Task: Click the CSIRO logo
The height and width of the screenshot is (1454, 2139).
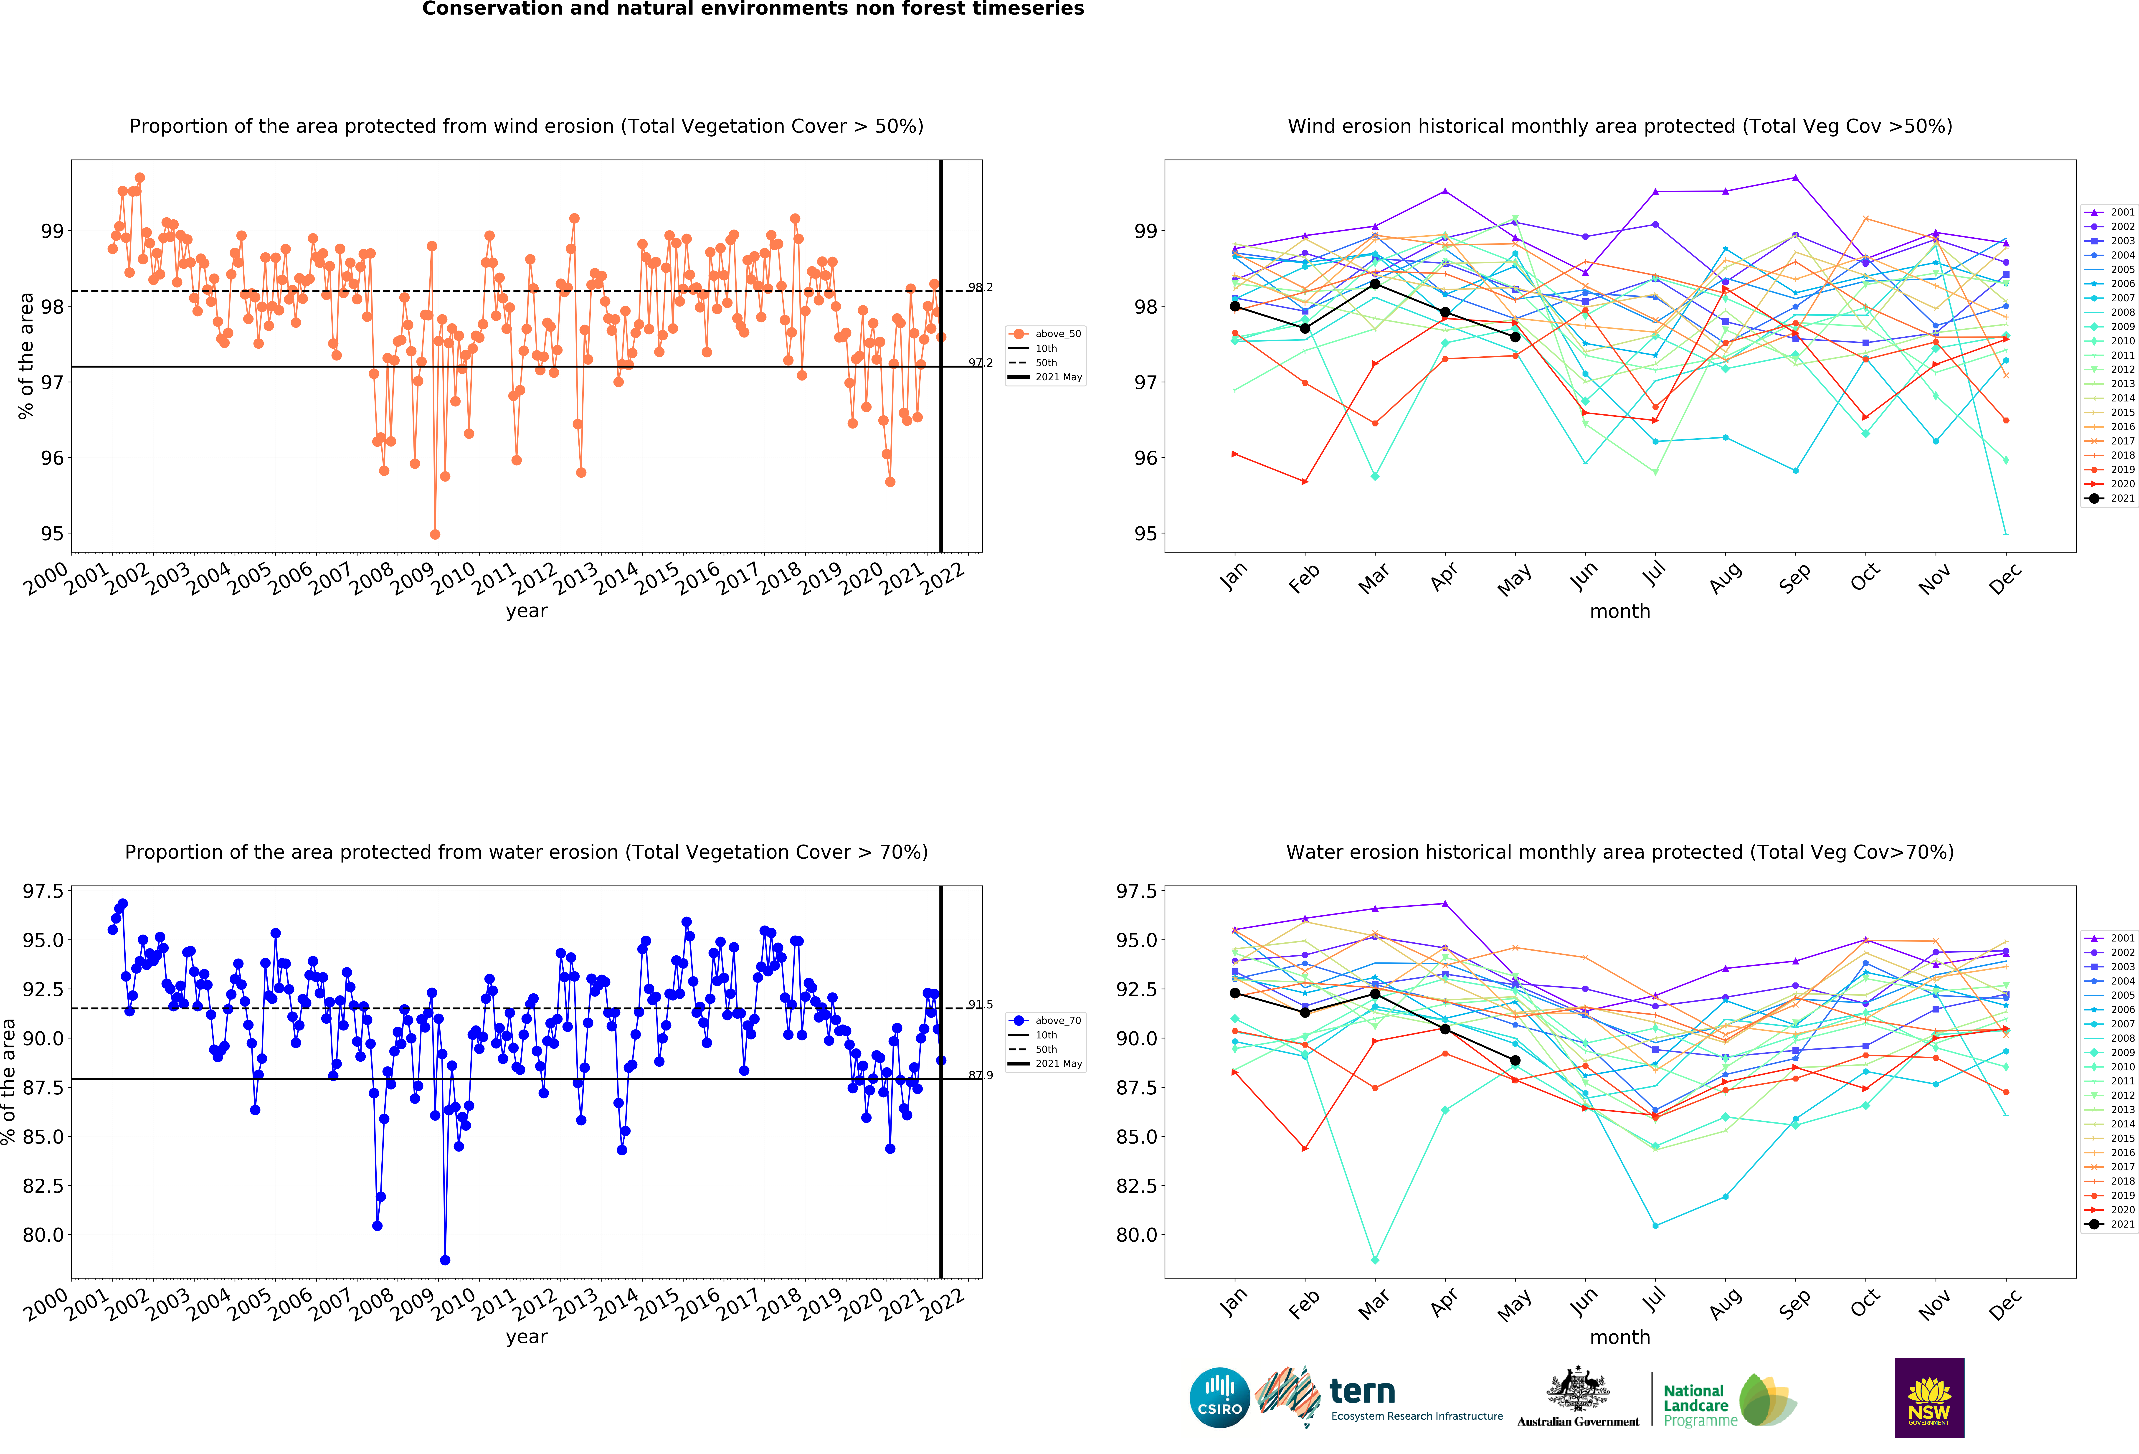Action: (x=1219, y=1397)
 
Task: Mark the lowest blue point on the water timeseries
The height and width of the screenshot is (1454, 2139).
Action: (x=446, y=1260)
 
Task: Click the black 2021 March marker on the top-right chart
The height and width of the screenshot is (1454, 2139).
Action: (x=1375, y=283)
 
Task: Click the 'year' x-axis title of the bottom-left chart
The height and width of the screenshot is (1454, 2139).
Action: (x=527, y=1337)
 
